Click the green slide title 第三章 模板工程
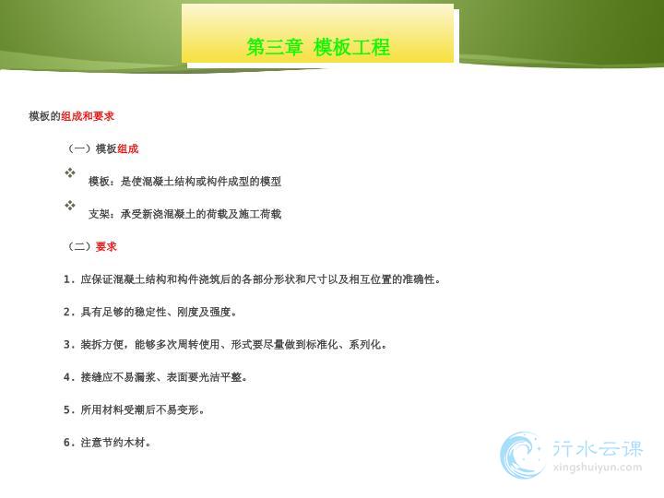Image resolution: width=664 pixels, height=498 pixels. point(318,47)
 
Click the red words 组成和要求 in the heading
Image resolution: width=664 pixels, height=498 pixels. point(88,116)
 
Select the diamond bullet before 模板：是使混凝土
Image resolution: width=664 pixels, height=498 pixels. point(70,172)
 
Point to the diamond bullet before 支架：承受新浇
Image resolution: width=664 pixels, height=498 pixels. point(70,206)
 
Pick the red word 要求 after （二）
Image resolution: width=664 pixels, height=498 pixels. point(106,246)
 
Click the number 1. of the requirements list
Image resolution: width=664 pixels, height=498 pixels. point(69,279)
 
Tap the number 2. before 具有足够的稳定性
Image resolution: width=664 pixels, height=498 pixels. point(69,312)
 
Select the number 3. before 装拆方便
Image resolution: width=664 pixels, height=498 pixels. point(69,345)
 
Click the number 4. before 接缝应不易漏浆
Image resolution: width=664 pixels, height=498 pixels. point(69,377)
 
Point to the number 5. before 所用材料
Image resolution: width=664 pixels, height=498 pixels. point(69,409)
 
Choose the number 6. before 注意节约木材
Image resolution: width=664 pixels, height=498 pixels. point(69,443)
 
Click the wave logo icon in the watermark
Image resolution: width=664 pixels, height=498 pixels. point(522,456)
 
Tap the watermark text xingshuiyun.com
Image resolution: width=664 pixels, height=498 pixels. point(597,468)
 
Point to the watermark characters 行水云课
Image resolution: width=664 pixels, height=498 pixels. point(598,448)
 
